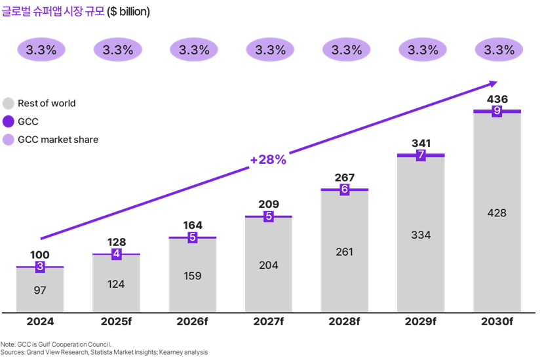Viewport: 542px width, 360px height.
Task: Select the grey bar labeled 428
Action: click(x=497, y=213)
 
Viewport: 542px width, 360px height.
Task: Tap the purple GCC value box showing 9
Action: click(x=497, y=111)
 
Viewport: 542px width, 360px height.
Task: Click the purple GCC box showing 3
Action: click(x=40, y=266)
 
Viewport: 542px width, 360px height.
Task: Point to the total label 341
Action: click(x=421, y=143)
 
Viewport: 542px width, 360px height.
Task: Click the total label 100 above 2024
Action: click(x=40, y=254)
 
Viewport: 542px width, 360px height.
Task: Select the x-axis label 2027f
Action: click(x=268, y=322)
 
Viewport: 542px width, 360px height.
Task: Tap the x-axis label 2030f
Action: click(x=497, y=322)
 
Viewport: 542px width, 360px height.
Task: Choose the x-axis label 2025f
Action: click(x=116, y=322)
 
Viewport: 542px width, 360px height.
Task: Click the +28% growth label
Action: click(x=268, y=160)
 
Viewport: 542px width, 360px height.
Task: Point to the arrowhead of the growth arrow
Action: click(x=493, y=83)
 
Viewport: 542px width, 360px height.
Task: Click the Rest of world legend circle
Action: click(x=8, y=104)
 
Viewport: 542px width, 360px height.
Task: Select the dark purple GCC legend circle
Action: click(x=8, y=121)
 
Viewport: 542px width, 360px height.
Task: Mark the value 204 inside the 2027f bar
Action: click(x=268, y=265)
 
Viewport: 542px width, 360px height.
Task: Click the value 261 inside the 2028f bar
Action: click(x=345, y=252)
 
